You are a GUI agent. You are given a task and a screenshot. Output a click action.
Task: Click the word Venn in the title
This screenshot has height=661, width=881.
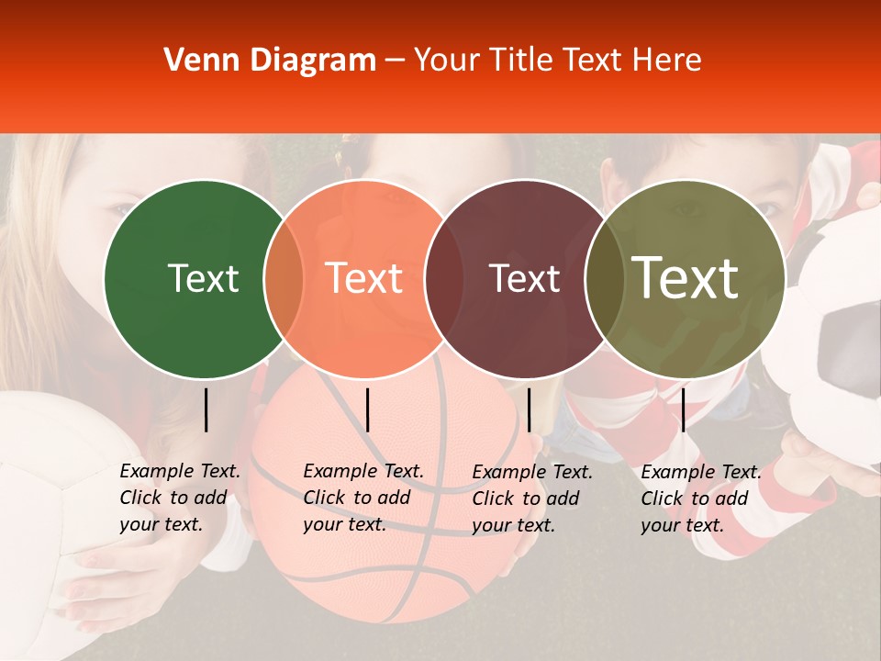click(196, 61)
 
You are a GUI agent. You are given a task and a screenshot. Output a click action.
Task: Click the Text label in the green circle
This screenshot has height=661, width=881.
click(203, 278)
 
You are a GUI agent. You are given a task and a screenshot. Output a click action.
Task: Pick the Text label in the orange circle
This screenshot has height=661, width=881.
click(363, 278)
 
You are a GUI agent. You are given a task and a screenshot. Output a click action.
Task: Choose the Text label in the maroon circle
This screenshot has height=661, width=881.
click(524, 278)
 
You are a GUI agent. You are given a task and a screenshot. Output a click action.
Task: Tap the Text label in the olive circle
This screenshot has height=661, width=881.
click(686, 277)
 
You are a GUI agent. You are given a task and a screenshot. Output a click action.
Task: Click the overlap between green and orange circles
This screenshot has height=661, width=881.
click(284, 279)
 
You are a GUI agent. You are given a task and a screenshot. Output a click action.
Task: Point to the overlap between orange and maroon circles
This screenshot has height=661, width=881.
click(444, 279)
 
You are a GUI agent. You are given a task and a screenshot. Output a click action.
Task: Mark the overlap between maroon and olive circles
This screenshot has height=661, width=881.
click(604, 279)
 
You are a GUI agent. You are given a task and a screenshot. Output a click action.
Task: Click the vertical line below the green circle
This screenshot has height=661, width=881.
click(206, 409)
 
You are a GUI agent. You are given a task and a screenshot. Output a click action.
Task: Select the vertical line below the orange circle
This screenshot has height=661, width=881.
click(367, 409)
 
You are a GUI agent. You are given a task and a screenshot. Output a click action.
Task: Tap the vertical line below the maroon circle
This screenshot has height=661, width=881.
click(529, 409)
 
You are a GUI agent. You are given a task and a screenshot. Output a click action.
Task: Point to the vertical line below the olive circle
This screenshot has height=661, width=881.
click(683, 409)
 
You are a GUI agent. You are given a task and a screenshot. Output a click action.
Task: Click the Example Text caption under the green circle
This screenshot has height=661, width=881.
click(179, 498)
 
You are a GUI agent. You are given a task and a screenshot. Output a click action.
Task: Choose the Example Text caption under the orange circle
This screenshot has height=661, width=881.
click(362, 498)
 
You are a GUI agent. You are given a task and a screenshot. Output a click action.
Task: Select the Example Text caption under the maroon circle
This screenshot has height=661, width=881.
click(531, 499)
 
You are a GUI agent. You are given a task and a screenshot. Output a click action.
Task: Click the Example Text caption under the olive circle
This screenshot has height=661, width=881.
click(700, 499)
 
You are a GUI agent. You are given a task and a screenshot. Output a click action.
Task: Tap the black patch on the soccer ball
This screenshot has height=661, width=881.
click(849, 349)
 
